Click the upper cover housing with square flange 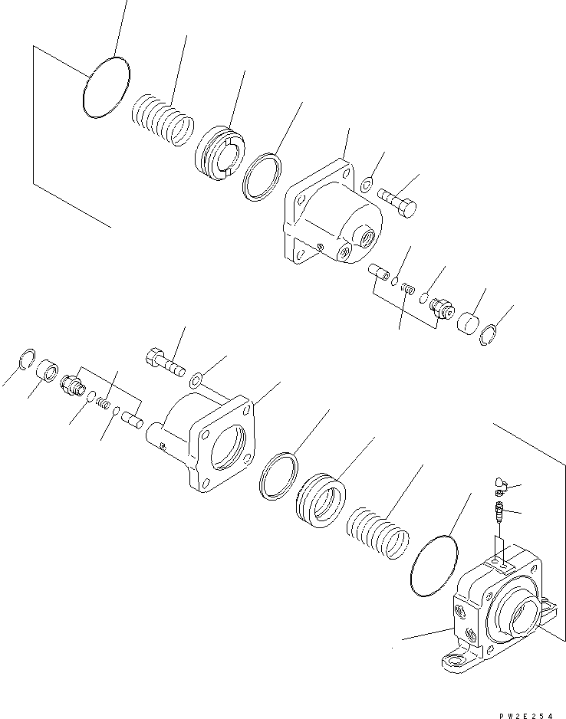330,218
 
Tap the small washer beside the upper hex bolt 367,184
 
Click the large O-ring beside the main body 435,564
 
